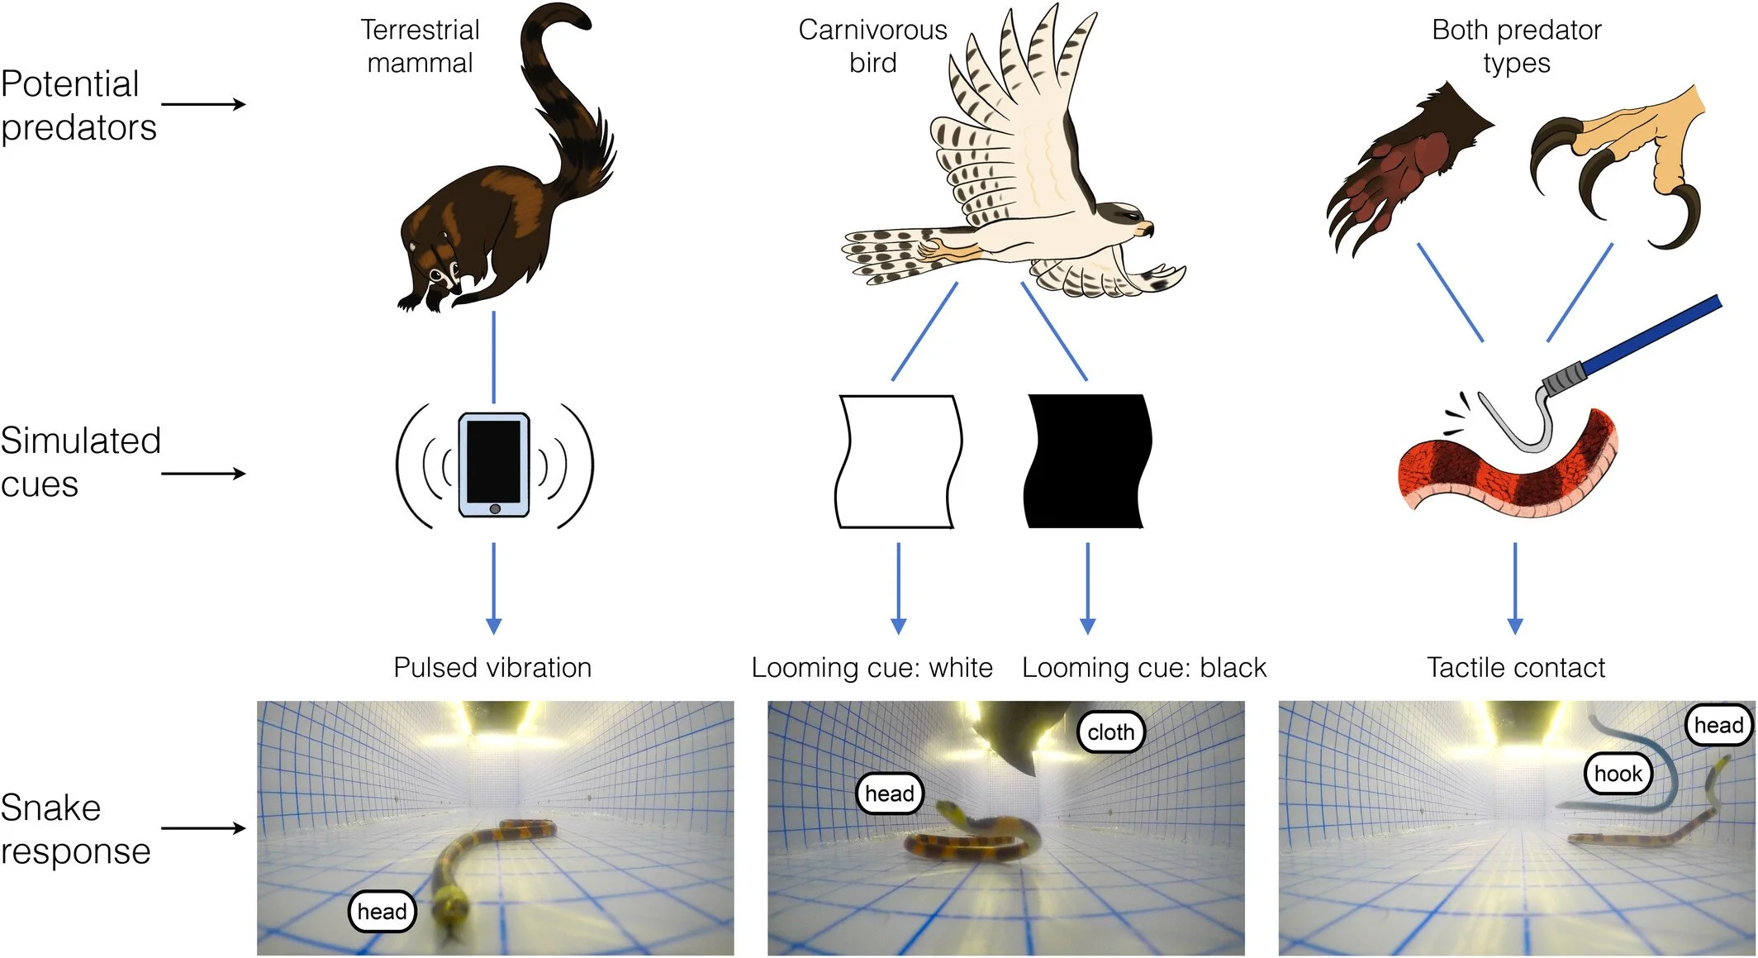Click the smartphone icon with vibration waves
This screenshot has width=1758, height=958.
[494, 465]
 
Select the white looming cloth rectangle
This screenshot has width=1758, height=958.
[899, 461]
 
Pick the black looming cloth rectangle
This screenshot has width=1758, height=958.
[1087, 461]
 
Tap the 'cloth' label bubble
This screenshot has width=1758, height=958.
[1110, 732]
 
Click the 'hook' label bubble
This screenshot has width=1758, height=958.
[1618, 774]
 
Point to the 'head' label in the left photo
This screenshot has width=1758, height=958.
[382, 911]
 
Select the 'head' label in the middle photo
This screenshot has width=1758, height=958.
[889, 794]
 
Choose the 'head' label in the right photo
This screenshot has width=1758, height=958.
[1718, 725]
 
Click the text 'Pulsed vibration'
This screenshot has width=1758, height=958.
[492, 667]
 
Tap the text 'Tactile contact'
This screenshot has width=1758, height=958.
[1516, 667]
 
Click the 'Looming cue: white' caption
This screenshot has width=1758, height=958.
[872, 667]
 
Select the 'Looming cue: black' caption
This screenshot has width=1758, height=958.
[1143, 667]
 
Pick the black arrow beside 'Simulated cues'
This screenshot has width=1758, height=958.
[203, 474]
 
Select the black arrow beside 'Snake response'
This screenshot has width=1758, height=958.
[203, 827]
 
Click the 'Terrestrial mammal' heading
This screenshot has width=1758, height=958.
[420, 46]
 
